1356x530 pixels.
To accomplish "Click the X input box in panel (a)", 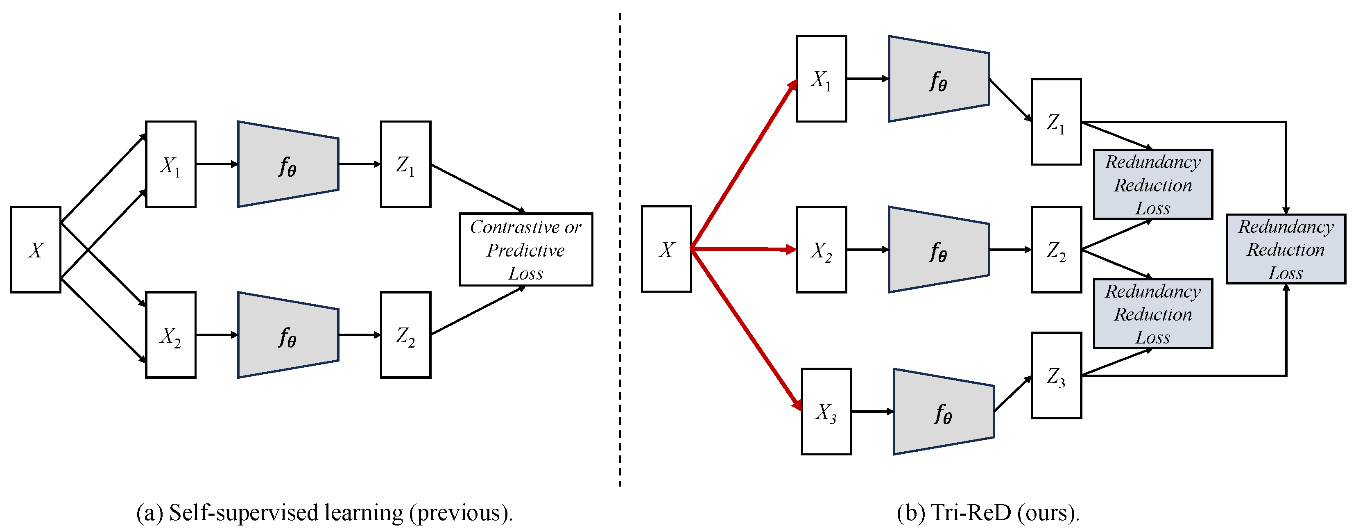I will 35,249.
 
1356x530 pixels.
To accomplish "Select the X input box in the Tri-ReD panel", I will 666,249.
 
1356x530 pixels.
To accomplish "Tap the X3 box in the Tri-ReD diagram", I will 826,412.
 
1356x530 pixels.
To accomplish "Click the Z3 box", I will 1056,375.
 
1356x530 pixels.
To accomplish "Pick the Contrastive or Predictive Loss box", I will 525,250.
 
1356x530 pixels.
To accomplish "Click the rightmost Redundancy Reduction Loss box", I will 1286,249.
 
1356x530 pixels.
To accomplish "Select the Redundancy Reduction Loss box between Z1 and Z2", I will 1152,184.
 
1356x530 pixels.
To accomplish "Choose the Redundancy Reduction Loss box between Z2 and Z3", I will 1152,314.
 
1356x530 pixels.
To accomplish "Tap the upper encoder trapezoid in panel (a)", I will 287,164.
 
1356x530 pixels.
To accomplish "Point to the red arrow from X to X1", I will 743,165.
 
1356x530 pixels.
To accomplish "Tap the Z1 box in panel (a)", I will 405,164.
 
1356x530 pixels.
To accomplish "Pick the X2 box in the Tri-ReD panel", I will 821,249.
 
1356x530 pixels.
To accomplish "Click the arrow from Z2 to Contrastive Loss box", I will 477,311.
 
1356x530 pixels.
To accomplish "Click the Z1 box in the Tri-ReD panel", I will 1056,122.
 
